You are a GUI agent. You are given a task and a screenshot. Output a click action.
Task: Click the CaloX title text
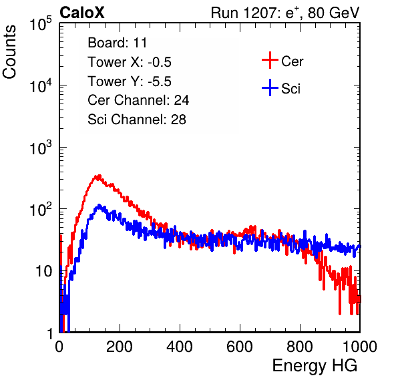pyautogui.click(x=81, y=13)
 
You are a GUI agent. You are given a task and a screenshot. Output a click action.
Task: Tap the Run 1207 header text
pyautogui.click(x=285, y=13)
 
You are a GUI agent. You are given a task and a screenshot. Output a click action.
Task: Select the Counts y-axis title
pyautogui.click(x=9, y=52)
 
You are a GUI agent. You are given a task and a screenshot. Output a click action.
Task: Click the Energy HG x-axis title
pyautogui.click(x=315, y=366)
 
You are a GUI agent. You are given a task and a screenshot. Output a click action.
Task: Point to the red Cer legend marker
pyautogui.click(x=270, y=60)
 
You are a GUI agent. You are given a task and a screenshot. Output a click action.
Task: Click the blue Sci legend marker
pyautogui.click(x=270, y=88)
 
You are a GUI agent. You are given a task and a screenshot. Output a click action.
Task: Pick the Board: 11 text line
pyautogui.click(x=118, y=43)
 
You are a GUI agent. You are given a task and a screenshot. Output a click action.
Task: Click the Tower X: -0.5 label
pyautogui.click(x=130, y=62)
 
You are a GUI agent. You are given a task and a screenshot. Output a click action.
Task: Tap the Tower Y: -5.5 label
pyautogui.click(x=130, y=81)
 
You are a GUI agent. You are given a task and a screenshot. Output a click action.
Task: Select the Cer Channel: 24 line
pyautogui.click(x=138, y=100)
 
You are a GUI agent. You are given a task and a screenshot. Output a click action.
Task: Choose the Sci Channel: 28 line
pyautogui.click(x=137, y=120)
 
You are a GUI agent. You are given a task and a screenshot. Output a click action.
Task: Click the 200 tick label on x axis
pyautogui.click(x=120, y=347)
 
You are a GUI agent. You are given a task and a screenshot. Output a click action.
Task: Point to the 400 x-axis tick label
pyautogui.click(x=180, y=347)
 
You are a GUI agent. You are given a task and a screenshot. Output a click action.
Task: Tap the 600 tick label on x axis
pyautogui.click(x=240, y=347)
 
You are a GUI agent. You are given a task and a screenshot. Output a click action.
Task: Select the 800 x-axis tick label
pyautogui.click(x=300, y=347)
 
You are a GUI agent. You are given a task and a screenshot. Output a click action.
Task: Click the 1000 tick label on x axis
pyautogui.click(x=360, y=347)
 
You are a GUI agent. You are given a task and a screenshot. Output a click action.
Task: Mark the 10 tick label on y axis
pyautogui.click(x=44, y=271)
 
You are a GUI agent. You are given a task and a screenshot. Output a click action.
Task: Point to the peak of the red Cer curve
pyautogui.click(x=98, y=176)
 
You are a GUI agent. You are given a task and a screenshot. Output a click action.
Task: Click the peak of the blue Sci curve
pyautogui.click(x=99, y=206)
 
